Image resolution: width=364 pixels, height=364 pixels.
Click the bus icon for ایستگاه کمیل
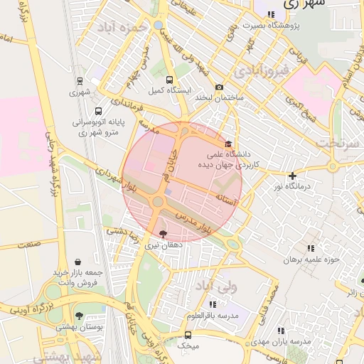tap(169, 80)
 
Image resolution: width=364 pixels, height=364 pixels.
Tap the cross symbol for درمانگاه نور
tap(293, 175)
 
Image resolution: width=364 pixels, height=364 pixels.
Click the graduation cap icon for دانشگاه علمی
tap(227, 144)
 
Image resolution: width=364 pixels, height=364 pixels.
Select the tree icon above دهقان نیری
tap(164, 234)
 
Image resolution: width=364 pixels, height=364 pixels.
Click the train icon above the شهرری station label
tap(80, 81)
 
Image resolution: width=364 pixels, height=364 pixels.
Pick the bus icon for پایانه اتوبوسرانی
tap(97, 111)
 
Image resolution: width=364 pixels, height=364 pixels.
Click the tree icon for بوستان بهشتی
tap(79, 316)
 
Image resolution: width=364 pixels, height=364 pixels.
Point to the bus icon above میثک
tap(188, 334)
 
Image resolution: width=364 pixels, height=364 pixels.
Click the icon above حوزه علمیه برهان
tap(310, 249)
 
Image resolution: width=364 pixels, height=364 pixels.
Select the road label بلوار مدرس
tap(191, 220)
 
